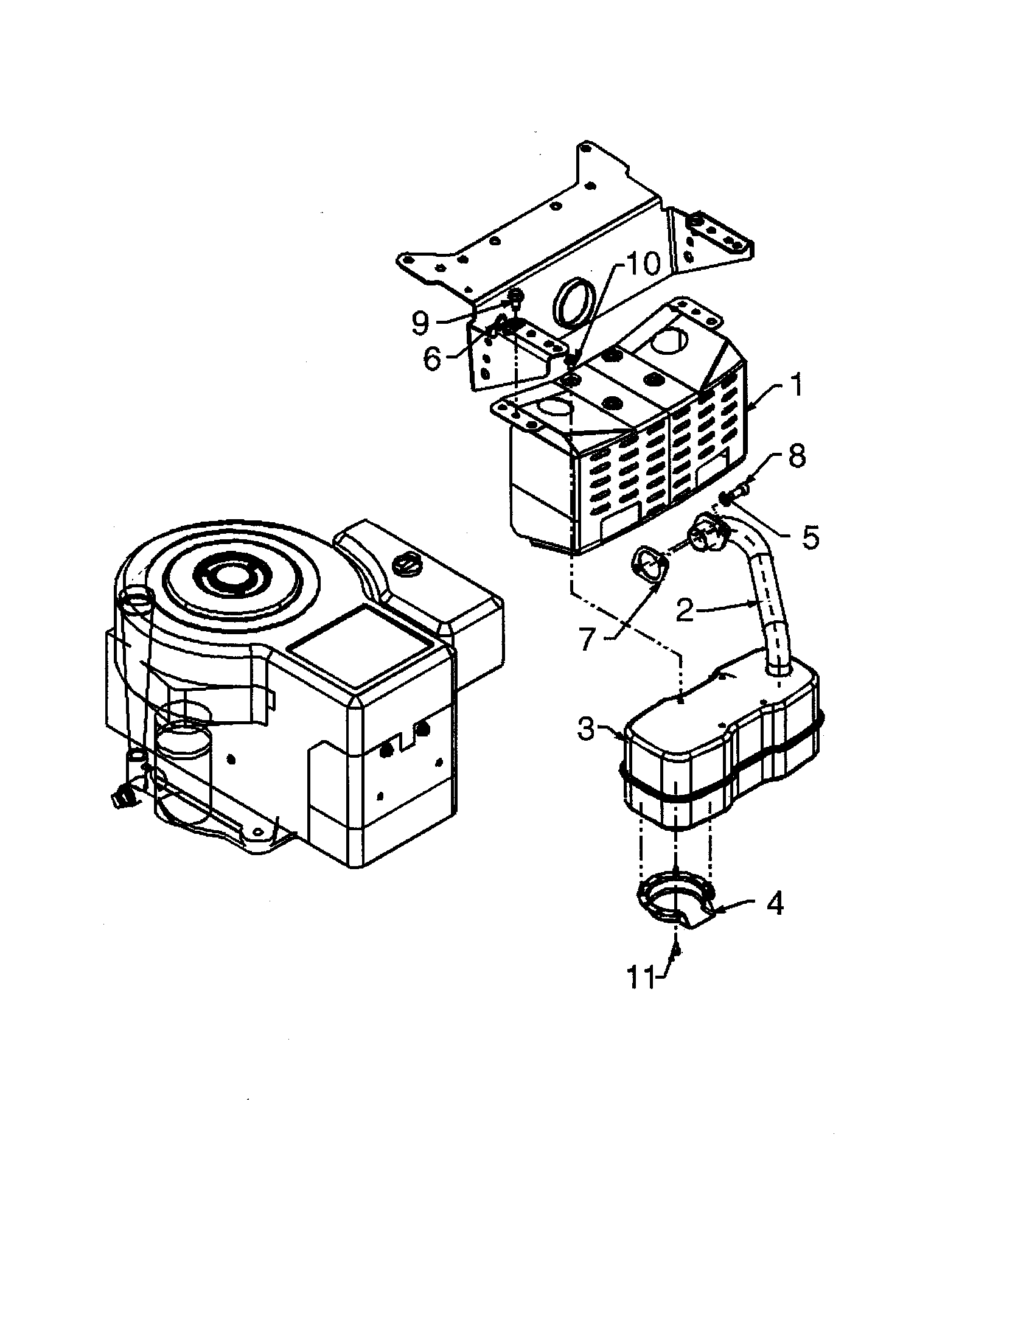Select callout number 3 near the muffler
586,730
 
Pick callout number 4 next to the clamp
775,904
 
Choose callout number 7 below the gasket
587,640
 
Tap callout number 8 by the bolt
796,456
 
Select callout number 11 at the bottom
639,979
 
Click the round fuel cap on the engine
406,561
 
